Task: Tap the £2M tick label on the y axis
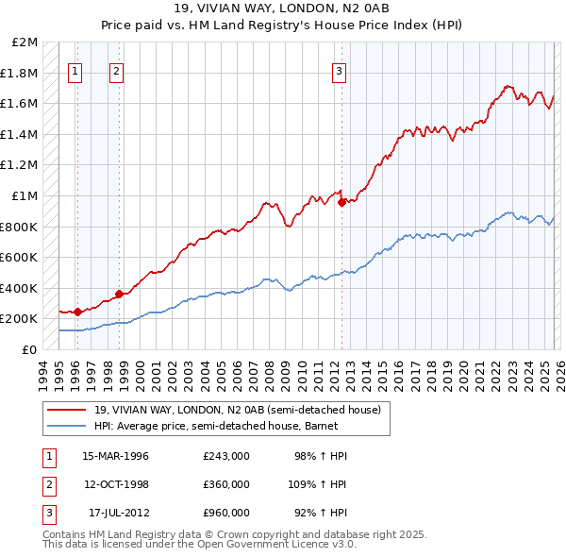coord(25,42)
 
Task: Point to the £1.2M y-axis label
coord(21,165)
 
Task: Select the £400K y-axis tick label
coord(20,288)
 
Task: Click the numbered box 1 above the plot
coord(75,70)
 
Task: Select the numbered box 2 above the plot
coord(116,70)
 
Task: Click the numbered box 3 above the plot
coord(339,70)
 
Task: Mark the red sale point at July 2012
coord(341,201)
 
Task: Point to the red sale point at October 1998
coord(119,294)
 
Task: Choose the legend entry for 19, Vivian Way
coord(237,410)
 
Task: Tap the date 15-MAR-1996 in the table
coord(115,456)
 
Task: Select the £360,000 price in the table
coord(226,484)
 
